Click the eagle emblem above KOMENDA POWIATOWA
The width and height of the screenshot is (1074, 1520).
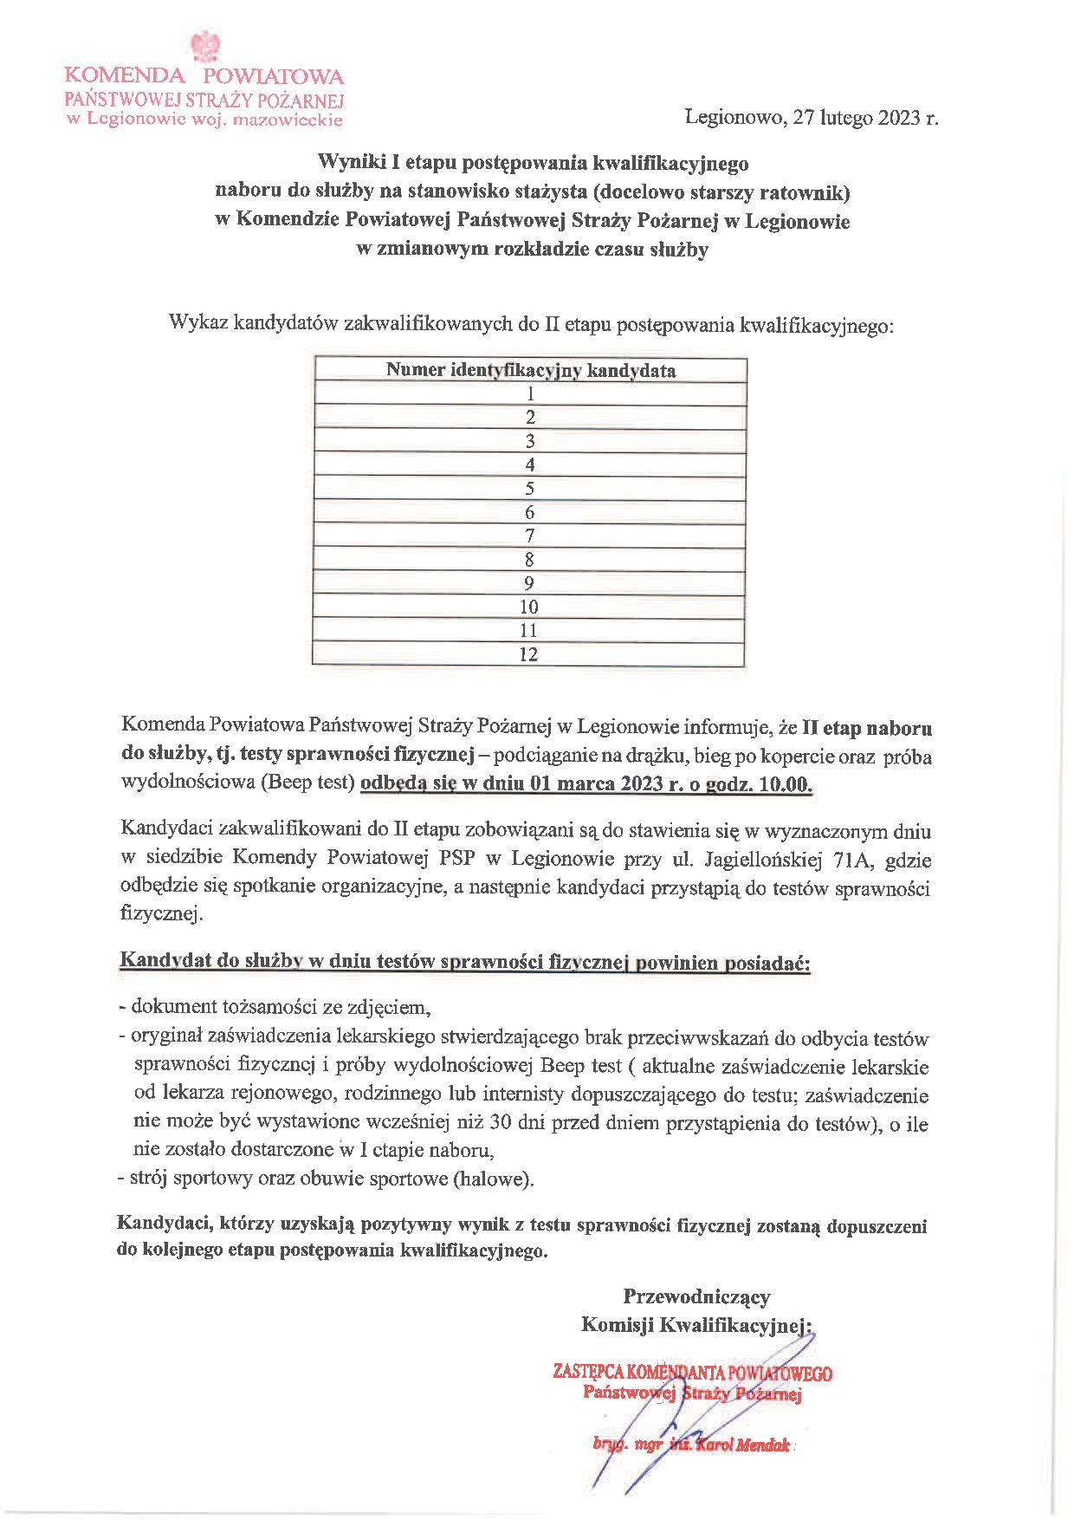point(205,46)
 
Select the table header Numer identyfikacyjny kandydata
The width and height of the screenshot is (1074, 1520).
point(530,371)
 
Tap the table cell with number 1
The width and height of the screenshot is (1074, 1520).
point(530,394)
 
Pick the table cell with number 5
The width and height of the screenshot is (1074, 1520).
point(530,489)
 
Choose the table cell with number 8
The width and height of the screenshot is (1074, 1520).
point(530,560)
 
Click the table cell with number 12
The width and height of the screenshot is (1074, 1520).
point(528,654)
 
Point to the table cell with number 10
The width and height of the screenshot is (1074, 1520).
point(528,607)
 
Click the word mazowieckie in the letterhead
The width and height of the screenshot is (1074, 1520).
point(291,120)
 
